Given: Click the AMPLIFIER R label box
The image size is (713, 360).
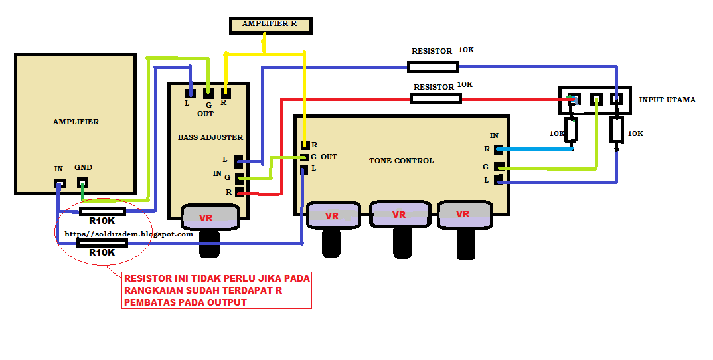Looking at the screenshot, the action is (271, 25).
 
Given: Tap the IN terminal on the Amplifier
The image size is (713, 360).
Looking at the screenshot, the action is (60, 183).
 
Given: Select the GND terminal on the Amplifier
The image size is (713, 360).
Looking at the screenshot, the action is (82, 183).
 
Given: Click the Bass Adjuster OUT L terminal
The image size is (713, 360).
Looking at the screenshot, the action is (190, 93).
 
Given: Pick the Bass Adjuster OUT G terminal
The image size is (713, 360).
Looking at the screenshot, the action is (208, 93).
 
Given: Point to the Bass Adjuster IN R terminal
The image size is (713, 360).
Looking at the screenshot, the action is (239, 193).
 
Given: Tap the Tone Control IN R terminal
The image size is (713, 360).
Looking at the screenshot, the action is (499, 149).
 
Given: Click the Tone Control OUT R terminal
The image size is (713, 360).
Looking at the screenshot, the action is (305, 145).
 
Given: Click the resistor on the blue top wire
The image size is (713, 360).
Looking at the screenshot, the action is (433, 67).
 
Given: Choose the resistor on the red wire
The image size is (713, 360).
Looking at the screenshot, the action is (436, 99).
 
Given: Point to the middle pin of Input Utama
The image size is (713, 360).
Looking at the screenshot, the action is (596, 99).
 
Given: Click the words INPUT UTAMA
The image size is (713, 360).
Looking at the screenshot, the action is (667, 100).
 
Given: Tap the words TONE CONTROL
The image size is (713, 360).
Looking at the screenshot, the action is (401, 161).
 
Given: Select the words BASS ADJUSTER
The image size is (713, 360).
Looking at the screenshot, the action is (210, 137).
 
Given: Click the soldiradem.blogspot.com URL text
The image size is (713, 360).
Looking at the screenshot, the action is (129, 234).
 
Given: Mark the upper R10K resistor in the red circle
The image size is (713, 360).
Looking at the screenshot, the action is (102, 211).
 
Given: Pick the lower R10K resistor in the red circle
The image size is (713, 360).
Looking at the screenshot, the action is (102, 243).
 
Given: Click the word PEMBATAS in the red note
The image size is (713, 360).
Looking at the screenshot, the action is (151, 302).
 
